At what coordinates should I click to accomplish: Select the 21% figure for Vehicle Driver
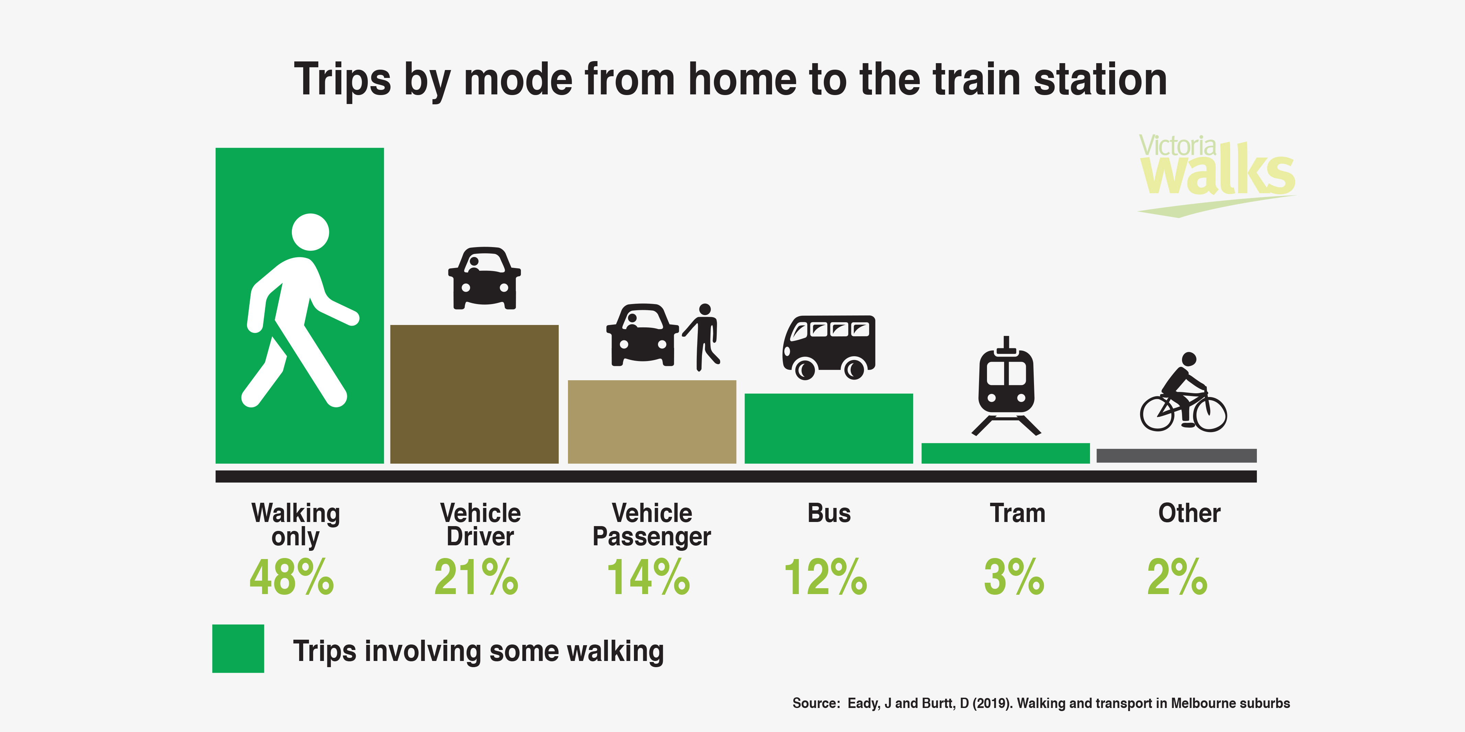[476, 578]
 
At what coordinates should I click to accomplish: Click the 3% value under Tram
[1014, 578]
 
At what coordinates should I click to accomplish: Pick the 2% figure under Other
[1177, 578]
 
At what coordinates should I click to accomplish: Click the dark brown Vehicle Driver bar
[474, 394]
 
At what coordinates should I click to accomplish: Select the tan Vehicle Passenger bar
[652, 422]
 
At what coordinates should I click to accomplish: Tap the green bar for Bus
[829, 429]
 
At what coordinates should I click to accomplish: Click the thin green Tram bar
[1006, 453]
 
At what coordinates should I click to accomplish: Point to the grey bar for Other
[1176, 455]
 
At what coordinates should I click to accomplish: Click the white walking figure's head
[310, 232]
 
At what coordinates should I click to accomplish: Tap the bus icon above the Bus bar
[829, 347]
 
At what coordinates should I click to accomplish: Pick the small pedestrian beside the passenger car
[703, 336]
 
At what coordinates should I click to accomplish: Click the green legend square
[238, 649]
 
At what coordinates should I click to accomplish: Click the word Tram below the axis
[1018, 513]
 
